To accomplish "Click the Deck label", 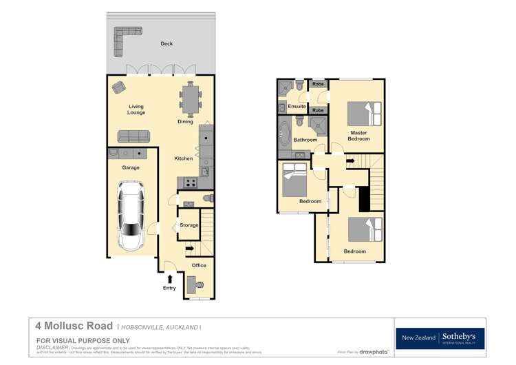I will [x=166, y=43].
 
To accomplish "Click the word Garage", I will [x=131, y=167].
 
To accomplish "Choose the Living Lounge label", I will [x=136, y=109].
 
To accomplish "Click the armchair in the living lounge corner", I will [x=118, y=87].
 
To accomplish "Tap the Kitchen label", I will [x=184, y=158].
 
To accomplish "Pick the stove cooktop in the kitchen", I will [x=189, y=182].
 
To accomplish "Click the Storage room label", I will [x=189, y=225].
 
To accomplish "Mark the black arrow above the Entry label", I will [x=169, y=278].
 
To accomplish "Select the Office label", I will [x=199, y=265].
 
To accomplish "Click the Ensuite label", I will [x=297, y=107].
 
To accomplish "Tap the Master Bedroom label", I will [x=358, y=136].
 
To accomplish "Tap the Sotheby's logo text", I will [x=462, y=336].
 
